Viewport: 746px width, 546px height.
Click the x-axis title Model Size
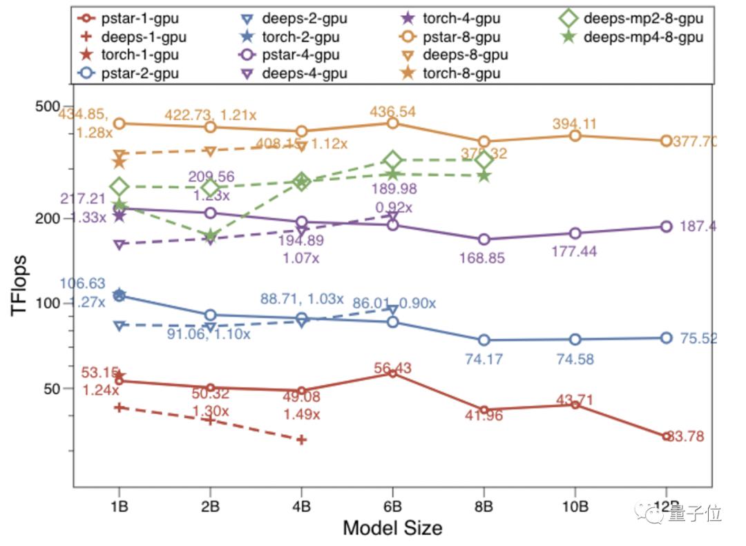tap(392, 528)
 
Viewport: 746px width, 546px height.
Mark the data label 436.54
tap(393, 111)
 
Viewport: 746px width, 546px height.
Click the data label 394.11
tap(575, 124)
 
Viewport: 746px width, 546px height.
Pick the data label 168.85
tap(482, 258)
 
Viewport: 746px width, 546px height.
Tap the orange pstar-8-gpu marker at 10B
tap(575, 135)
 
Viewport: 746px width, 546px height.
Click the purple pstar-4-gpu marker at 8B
tap(484, 240)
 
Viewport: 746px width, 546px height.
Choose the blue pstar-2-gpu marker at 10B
tap(575, 339)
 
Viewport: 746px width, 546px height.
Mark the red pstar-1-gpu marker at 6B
tap(393, 373)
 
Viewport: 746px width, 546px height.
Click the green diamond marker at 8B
tap(484, 160)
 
